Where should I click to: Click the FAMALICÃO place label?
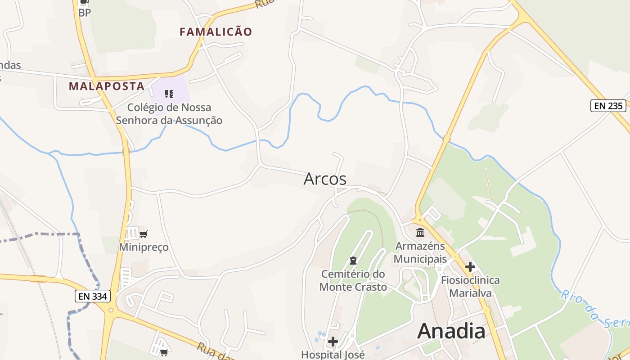(216, 32)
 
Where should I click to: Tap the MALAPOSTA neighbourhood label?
(107, 86)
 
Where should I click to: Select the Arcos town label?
(325, 179)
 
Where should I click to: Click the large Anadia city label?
(451, 332)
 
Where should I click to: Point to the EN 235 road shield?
(608, 106)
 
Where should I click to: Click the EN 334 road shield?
(92, 296)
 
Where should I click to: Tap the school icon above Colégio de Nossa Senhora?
(169, 94)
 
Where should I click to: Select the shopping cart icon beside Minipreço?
(144, 234)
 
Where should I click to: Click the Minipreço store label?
(144, 247)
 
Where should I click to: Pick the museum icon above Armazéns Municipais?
(420, 232)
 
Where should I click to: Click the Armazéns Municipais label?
(420, 252)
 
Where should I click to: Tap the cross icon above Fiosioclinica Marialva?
(470, 267)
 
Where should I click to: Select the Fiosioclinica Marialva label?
(470, 287)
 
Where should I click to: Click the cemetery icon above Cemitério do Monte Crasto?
(353, 261)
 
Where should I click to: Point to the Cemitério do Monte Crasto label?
(353, 280)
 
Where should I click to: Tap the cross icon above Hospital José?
(333, 342)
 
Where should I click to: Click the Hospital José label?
(333, 355)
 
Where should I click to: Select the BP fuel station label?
(85, 13)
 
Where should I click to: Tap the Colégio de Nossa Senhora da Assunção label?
(169, 114)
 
